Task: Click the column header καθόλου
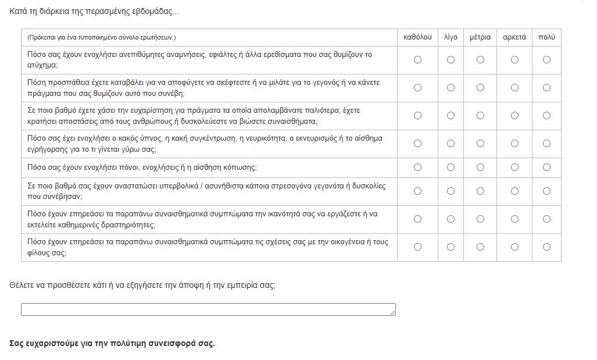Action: coord(417,37)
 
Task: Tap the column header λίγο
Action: coord(451,37)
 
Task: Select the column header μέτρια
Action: coord(480,37)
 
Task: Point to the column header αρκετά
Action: coord(514,37)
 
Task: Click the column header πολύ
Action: coord(546,37)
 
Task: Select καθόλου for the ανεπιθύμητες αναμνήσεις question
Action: coord(417,60)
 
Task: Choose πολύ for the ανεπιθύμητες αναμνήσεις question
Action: coord(546,60)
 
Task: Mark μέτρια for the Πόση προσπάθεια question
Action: coord(480,88)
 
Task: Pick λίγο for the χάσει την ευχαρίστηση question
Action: coord(451,116)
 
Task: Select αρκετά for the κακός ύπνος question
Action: coord(514,144)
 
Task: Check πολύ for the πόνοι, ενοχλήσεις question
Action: coord(546,167)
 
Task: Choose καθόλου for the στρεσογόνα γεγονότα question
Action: coord(417,191)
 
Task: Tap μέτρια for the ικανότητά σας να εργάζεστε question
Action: coord(480,219)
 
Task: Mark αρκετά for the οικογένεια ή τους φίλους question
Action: coord(514,247)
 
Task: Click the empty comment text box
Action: coord(208,309)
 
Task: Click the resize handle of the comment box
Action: coord(393,313)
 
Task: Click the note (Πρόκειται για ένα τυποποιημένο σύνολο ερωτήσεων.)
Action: coord(101,37)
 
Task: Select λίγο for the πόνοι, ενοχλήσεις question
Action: coord(451,167)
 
